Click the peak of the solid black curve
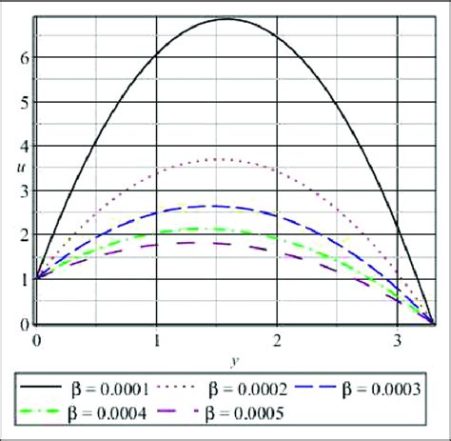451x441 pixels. (225, 19)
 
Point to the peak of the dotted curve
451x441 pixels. (221, 159)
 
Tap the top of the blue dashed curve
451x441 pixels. (217, 206)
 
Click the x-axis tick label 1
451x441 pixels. (155, 339)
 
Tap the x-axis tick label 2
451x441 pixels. (276, 339)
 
